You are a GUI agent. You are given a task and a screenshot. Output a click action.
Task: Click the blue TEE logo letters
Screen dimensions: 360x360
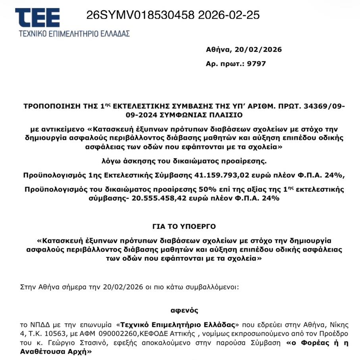coord(38,17)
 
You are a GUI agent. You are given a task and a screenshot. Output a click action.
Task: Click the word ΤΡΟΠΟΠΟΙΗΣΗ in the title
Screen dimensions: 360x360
coord(49,107)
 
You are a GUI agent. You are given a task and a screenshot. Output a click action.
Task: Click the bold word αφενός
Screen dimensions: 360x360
coord(184,310)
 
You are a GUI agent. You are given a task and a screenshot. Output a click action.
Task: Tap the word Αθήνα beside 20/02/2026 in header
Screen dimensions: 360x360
coord(218,50)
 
